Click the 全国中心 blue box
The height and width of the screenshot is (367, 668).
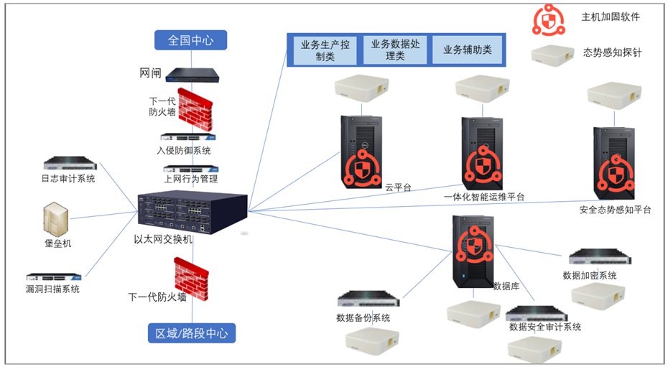[190, 40]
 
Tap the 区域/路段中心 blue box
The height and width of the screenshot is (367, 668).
[191, 333]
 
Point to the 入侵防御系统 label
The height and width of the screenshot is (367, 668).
[184, 151]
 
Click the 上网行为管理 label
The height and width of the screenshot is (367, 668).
[190, 179]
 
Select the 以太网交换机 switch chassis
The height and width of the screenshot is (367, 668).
[191, 212]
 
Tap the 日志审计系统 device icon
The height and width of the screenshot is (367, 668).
[68, 162]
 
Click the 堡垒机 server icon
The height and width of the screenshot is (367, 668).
[57, 219]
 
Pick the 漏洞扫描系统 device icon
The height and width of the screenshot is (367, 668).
[53, 277]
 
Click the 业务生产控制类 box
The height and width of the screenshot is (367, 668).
[325, 50]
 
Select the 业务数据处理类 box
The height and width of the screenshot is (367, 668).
[395, 50]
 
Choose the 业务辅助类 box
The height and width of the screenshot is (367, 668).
[467, 50]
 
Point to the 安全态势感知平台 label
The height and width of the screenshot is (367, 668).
[615, 210]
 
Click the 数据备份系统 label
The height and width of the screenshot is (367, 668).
[363, 317]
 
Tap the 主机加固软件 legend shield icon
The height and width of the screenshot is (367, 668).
[549, 20]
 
